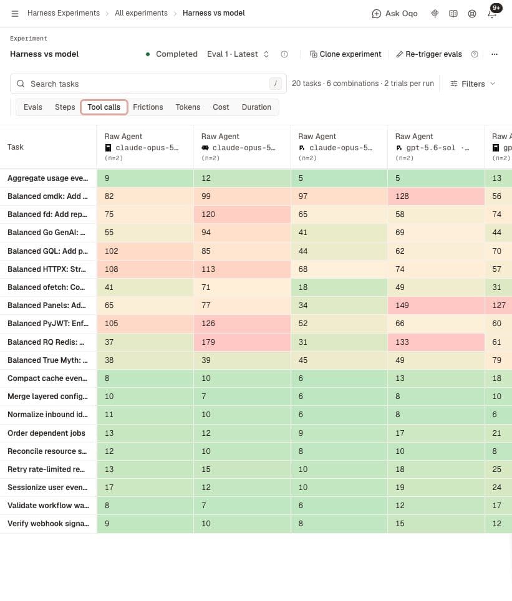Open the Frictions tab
148,107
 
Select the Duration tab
256,107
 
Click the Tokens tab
188,107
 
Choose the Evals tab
33,107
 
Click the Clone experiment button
345,54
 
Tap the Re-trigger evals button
429,54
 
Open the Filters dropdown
473,84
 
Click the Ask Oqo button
395,14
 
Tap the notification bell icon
491,14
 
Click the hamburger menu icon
15,14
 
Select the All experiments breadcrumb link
141,13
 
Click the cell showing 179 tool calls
242,342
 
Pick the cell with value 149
436,305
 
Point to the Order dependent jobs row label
46,433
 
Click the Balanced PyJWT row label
48,323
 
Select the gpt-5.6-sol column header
436,147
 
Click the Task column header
16,147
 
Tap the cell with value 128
436,196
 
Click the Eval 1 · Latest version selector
238,54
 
